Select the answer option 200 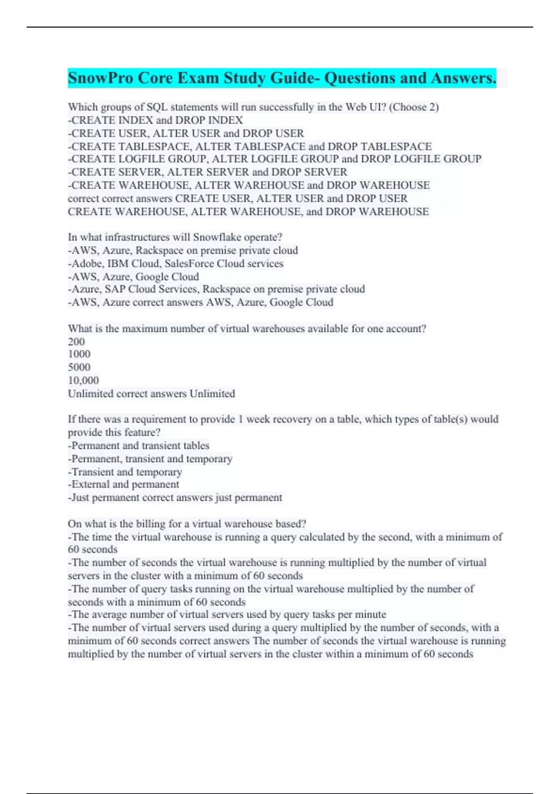(x=76, y=341)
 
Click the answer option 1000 (x=79, y=354)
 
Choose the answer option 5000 (x=79, y=367)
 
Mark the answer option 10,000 (x=83, y=380)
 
